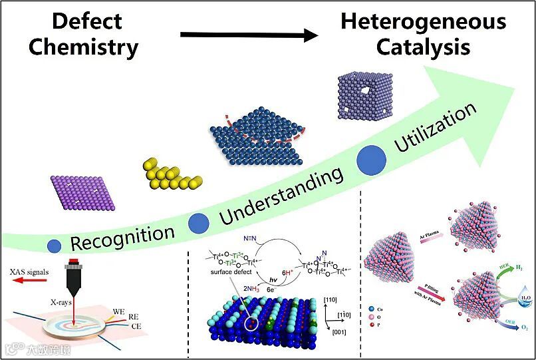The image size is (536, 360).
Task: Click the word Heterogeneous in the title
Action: click(x=423, y=21)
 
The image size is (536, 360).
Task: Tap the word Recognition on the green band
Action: click(x=122, y=236)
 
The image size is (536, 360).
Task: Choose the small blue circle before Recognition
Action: click(x=55, y=246)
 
